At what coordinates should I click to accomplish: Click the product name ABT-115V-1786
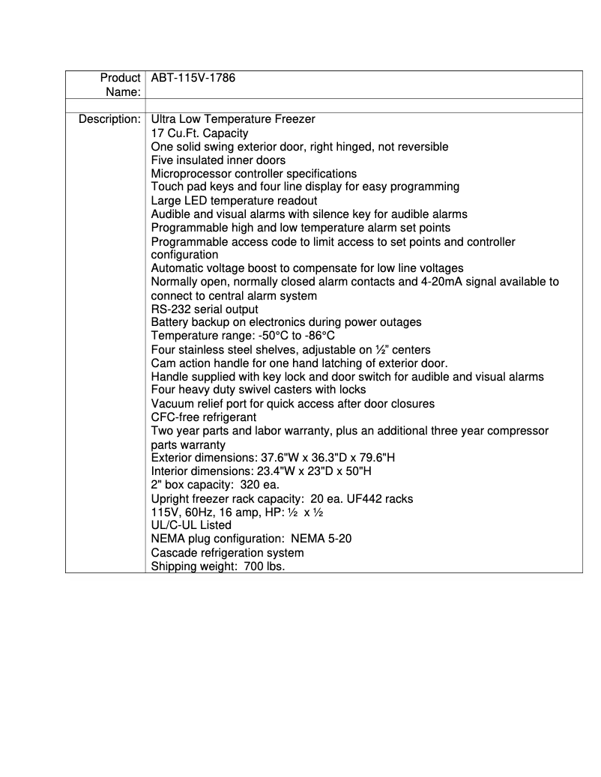point(193,78)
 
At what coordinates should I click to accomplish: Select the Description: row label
point(109,119)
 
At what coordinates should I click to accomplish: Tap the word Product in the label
point(120,78)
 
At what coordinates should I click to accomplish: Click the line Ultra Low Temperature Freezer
point(233,119)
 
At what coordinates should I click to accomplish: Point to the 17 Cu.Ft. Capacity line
point(199,133)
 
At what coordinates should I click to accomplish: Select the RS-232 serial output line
point(205,309)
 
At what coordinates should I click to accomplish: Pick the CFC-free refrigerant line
point(204,417)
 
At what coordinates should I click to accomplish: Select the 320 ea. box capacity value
point(260,485)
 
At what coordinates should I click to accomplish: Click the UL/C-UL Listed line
point(191,525)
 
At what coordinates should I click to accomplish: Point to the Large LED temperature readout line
point(234,200)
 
